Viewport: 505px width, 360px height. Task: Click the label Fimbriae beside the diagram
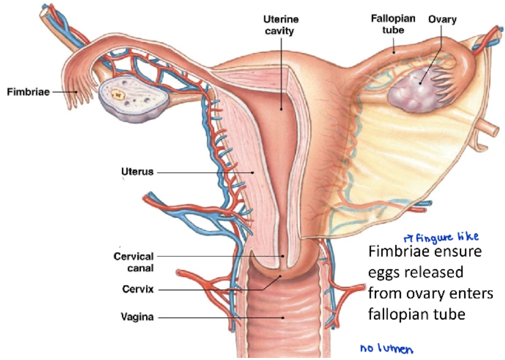coord(28,92)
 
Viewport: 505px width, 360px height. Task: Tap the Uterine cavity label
coord(281,25)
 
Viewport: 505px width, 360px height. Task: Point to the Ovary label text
coord(442,19)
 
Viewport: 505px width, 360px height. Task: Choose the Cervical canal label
coord(134,262)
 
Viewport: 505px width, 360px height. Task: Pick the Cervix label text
coord(138,289)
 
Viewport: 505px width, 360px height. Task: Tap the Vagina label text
coord(137,317)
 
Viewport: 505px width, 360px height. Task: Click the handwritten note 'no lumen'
coord(387,349)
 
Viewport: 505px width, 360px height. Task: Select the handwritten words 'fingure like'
coord(447,237)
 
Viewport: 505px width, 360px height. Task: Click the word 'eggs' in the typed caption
coord(387,273)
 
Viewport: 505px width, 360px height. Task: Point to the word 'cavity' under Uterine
coord(281,31)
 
